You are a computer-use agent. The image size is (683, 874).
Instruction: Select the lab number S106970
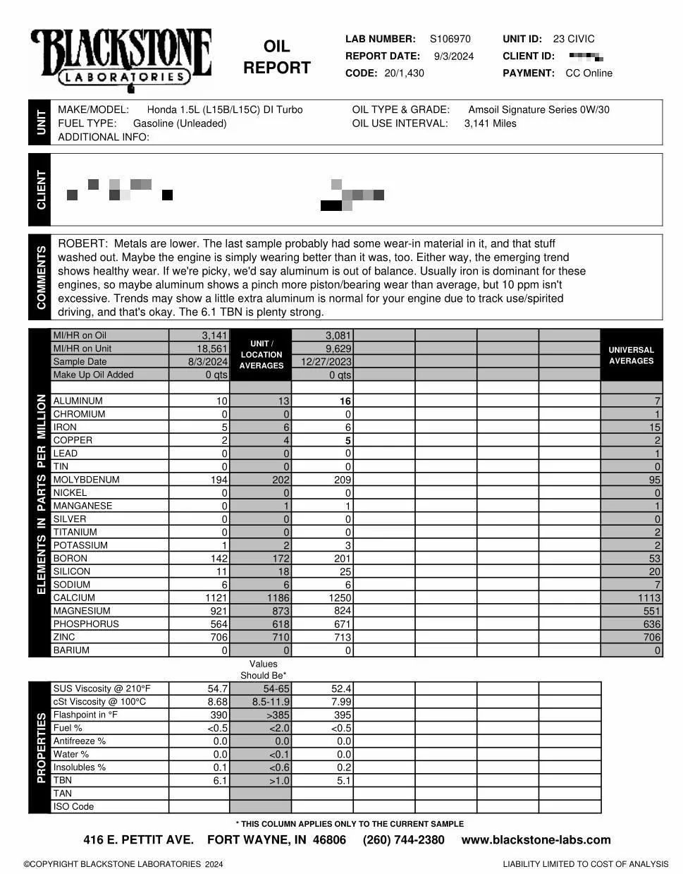pos(450,39)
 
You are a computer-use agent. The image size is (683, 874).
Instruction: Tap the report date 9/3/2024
pos(453,56)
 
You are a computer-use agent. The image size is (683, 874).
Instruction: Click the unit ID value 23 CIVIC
pos(573,39)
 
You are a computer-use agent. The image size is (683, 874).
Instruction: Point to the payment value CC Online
pos(589,73)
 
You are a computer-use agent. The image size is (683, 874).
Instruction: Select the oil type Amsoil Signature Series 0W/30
pos(539,110)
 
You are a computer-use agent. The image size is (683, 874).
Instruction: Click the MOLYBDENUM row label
pos(86,480)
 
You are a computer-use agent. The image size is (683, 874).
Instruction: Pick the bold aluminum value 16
pos(345,401)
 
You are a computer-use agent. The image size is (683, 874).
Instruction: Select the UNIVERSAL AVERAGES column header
pos(631,355)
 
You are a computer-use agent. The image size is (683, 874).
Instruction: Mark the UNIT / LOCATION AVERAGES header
pos(261,355)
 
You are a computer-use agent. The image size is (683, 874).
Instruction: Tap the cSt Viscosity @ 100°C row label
pos(99,702)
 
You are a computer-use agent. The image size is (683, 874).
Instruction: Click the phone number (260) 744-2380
pos(403,839)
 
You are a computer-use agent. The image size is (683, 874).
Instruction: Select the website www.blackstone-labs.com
pos(536,839)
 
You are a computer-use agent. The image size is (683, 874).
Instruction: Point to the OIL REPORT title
pos(276,57)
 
